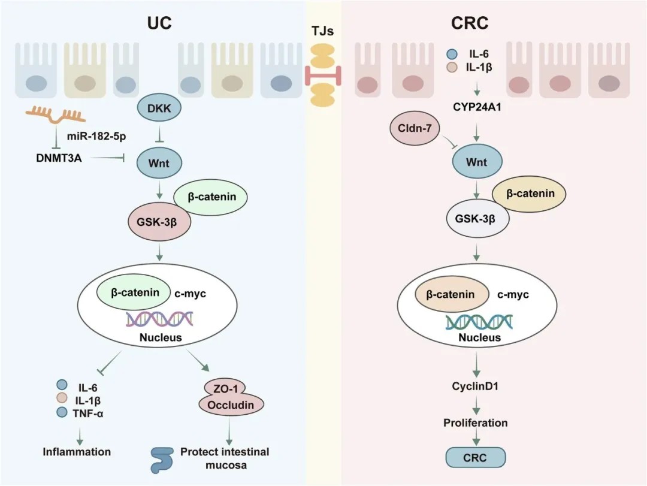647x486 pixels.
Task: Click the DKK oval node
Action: pos(159,109)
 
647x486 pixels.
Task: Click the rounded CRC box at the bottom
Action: pos(476,458)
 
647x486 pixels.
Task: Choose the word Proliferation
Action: pos(476,423)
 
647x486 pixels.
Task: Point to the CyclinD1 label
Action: pos(476,387)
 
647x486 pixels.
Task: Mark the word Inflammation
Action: pos(77,451)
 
